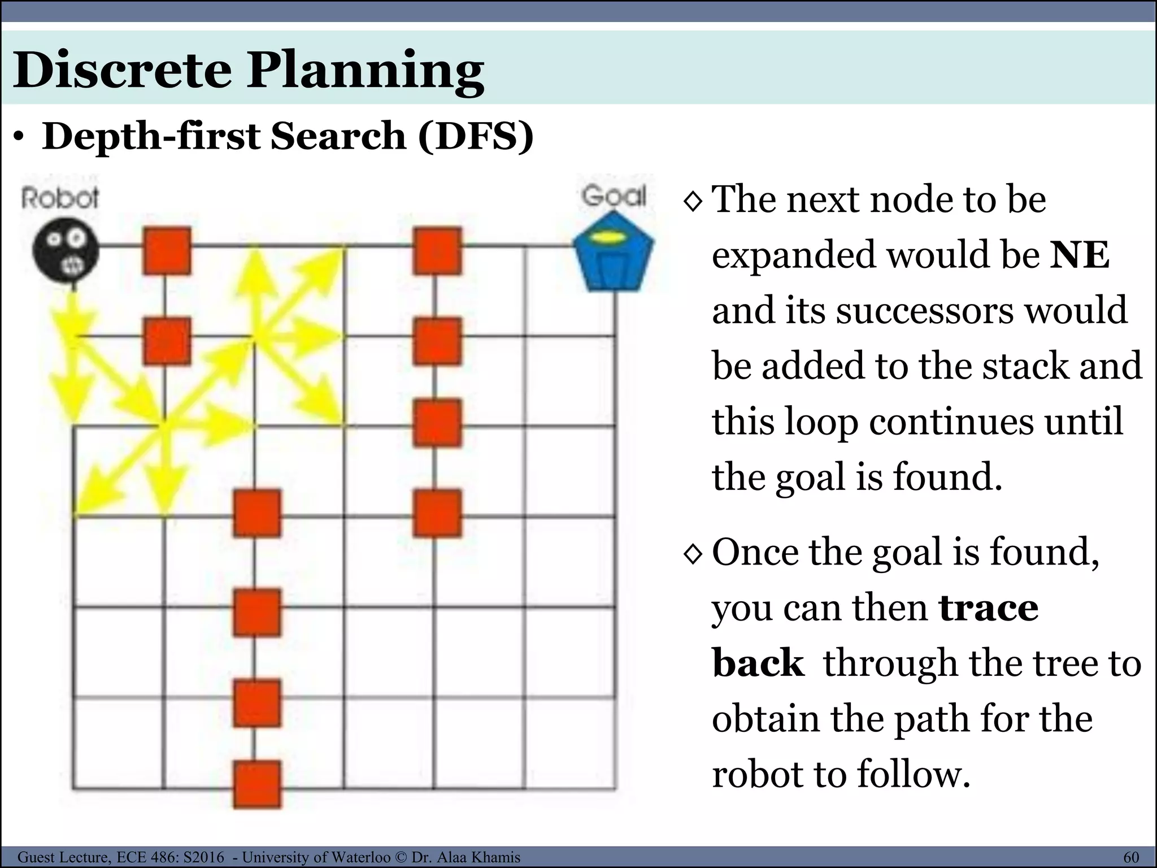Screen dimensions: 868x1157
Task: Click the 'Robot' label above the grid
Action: (x=60, y=198)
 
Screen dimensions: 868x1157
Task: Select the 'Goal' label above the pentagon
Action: (x=614, y=196)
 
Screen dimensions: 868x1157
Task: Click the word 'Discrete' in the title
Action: (x=122, y=70)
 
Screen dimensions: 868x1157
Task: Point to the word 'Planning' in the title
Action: (x=365, y=71)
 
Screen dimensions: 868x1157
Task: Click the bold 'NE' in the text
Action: (x=1080, y=255)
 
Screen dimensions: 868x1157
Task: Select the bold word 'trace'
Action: (x=988, y=608)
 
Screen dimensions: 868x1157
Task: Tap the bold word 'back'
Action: (x=758, y=663)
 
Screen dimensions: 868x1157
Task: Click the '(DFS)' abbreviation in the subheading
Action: (x=476, y=137)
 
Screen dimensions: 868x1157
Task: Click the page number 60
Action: (x=1131, y=857)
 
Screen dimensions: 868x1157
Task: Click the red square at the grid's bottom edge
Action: (x=257, y=784)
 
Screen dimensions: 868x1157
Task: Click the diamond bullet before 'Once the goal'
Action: (x=693, y=554)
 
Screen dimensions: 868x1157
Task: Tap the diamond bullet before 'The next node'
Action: (x=693, y=201)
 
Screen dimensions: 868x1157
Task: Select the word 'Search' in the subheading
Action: (x=337, y=137)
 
